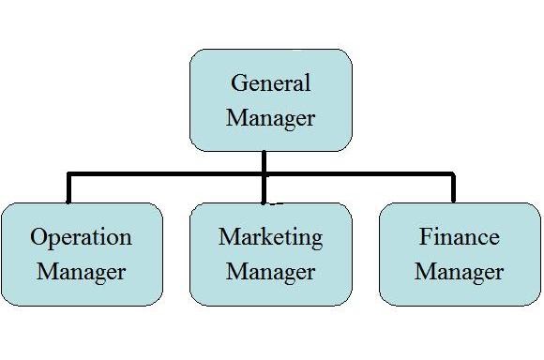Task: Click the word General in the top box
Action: [x=271, y=83]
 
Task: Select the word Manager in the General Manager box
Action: [x=271, y=119]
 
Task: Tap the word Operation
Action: [x=82, y=238]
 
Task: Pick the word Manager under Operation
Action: [x=82, y=272]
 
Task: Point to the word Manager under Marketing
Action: [x=271, y=272]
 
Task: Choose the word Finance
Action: [x=460, y=236]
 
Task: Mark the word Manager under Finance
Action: [x=460, y=272]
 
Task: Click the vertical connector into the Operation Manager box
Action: [x=68, y=187]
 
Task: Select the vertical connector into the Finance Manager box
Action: [x=453, y=187]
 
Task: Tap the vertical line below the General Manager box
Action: [x=264, y=177]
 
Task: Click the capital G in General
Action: [x=238, y=83]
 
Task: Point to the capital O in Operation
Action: [x=38, y=237]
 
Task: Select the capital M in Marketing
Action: [x=230, y=236]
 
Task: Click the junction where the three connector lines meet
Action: [x=264, y=174]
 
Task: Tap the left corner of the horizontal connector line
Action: [x=68, y=174]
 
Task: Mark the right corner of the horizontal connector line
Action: [x=453, y=174]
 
